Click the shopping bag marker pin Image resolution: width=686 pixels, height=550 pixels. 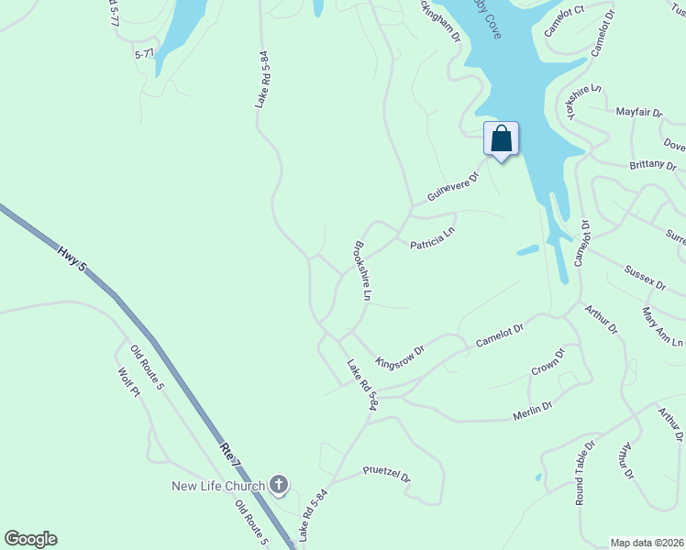[x=501, y=139]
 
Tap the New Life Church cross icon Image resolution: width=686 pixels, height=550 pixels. [x=279, y=485]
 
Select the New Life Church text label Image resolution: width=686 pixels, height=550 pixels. [x=218, y=485]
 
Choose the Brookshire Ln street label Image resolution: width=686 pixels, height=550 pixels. [x=361, y=270]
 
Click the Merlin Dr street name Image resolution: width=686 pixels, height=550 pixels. [x=532, y=412]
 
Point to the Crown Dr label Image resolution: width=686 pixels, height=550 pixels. [x=548, y=362]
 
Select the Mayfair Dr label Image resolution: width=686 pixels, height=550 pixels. [x=639, y=112]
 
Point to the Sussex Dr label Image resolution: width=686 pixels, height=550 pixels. [x=645, y=278]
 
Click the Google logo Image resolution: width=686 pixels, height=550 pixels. [x=30, y=539]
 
